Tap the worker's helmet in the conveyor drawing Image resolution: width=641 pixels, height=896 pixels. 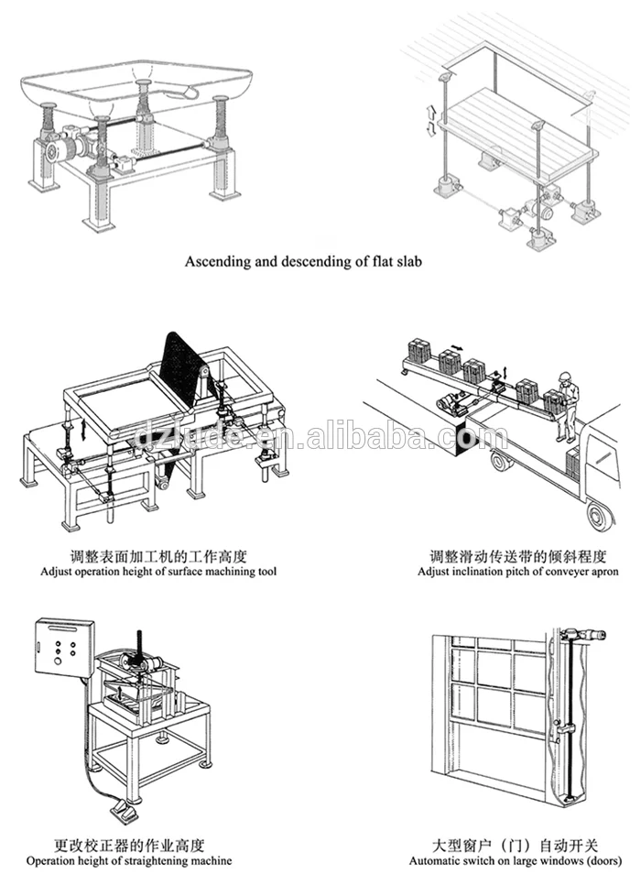click(x=567, y=375)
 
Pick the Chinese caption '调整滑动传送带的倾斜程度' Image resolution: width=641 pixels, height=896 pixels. click(x=517, y=556)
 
